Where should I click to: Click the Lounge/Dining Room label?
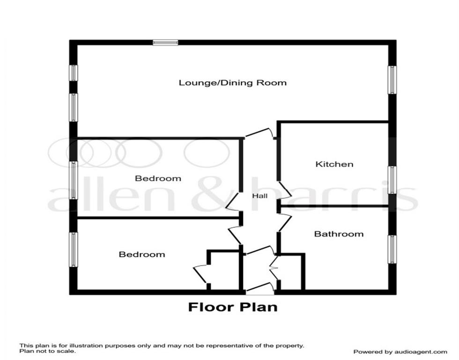233,83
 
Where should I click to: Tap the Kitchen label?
334,164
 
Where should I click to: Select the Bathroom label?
339,233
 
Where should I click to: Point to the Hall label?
260,196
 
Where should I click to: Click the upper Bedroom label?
158,178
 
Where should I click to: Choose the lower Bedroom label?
142,254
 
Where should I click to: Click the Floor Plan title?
233,307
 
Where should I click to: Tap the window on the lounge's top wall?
166,43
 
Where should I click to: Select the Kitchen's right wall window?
392,180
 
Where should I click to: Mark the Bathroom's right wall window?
392,249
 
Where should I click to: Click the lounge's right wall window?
392,80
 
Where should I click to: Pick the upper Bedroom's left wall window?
74,180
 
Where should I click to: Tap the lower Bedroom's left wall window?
74,249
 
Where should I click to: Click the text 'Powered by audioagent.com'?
400,352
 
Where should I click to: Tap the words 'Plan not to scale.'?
47,350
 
